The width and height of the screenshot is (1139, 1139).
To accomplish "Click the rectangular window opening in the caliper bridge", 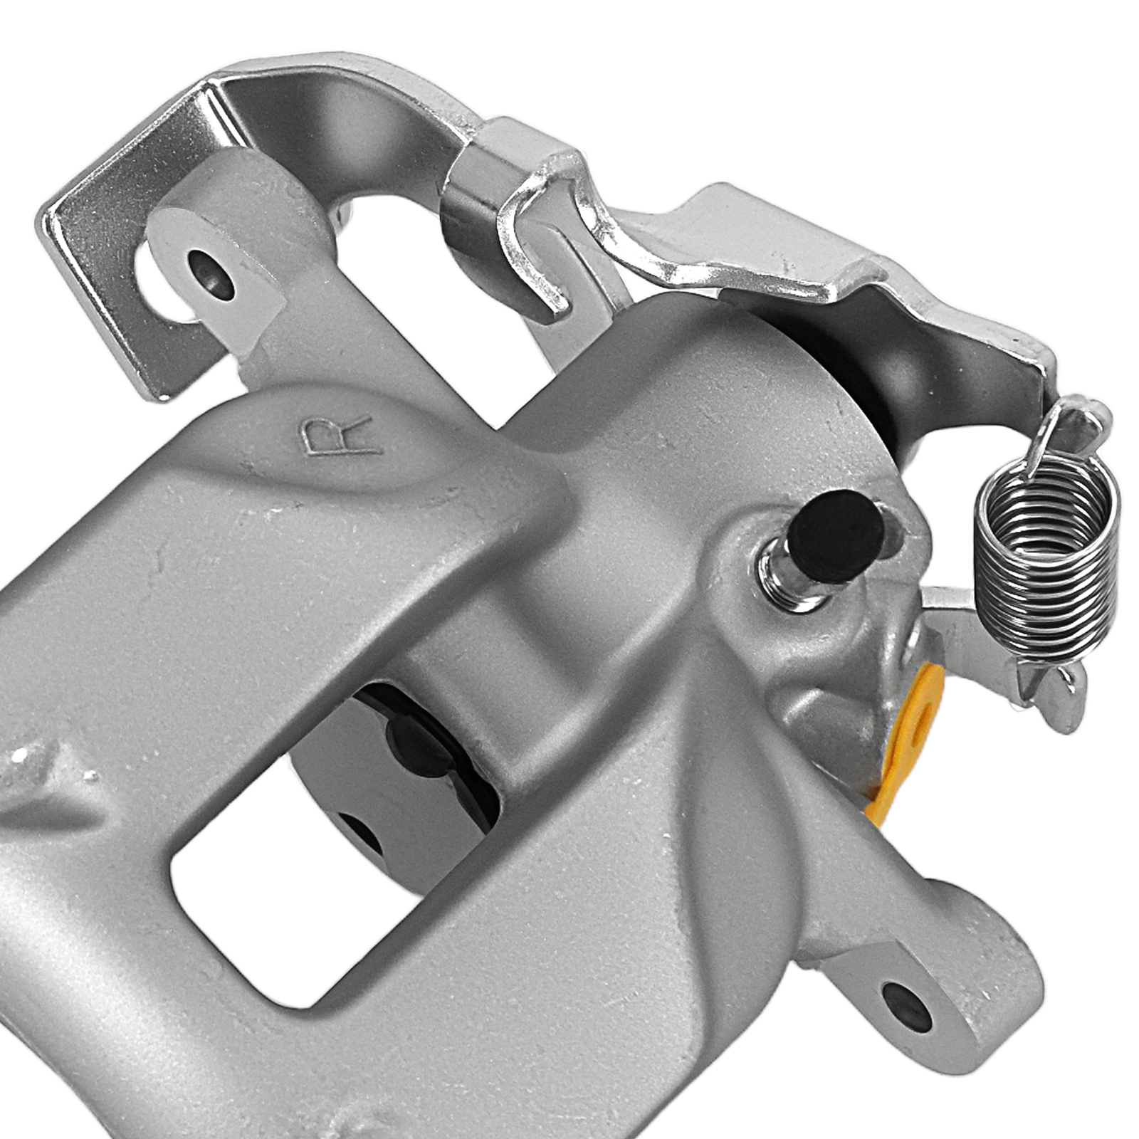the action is pos(299,890).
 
